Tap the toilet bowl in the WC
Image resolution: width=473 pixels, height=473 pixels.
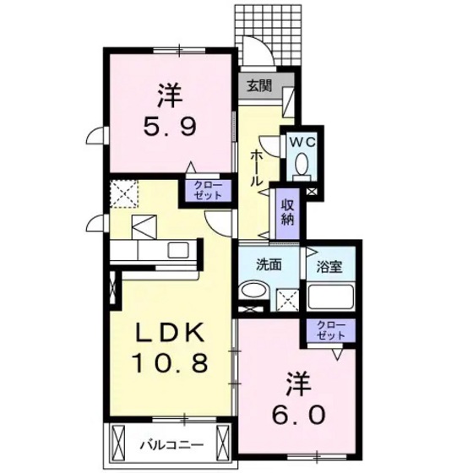point(302,166)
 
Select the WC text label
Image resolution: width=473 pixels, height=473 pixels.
point(302,143)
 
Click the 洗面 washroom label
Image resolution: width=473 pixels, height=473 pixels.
point(258,264)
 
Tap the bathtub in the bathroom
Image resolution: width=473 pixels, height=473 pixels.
point(329,297)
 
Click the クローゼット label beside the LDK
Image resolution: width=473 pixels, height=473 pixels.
point(206,190)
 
